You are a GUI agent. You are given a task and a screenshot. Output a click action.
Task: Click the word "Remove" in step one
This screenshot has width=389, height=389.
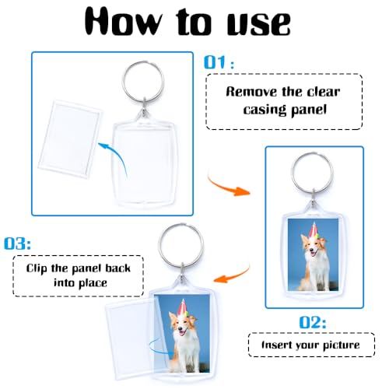(x=252, y=90)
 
